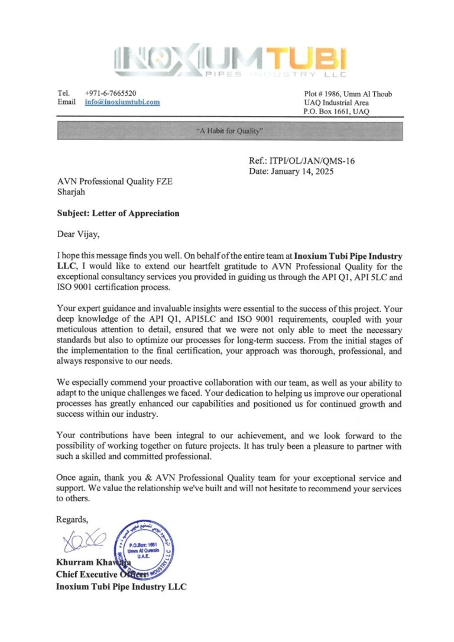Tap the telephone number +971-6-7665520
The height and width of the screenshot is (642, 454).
click(x=111, y=93)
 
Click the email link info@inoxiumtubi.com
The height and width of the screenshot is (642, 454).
click(x=122, y=102)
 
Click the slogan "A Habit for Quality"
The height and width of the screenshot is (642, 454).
click(x=229, y=131)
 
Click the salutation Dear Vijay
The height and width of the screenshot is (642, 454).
click(x=78, y=234)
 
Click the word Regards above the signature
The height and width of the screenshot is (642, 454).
click(x=72, y=520)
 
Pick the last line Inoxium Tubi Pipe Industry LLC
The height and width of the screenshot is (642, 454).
click(x=121, y=586)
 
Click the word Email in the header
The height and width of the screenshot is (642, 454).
click(x=66, y=102)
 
